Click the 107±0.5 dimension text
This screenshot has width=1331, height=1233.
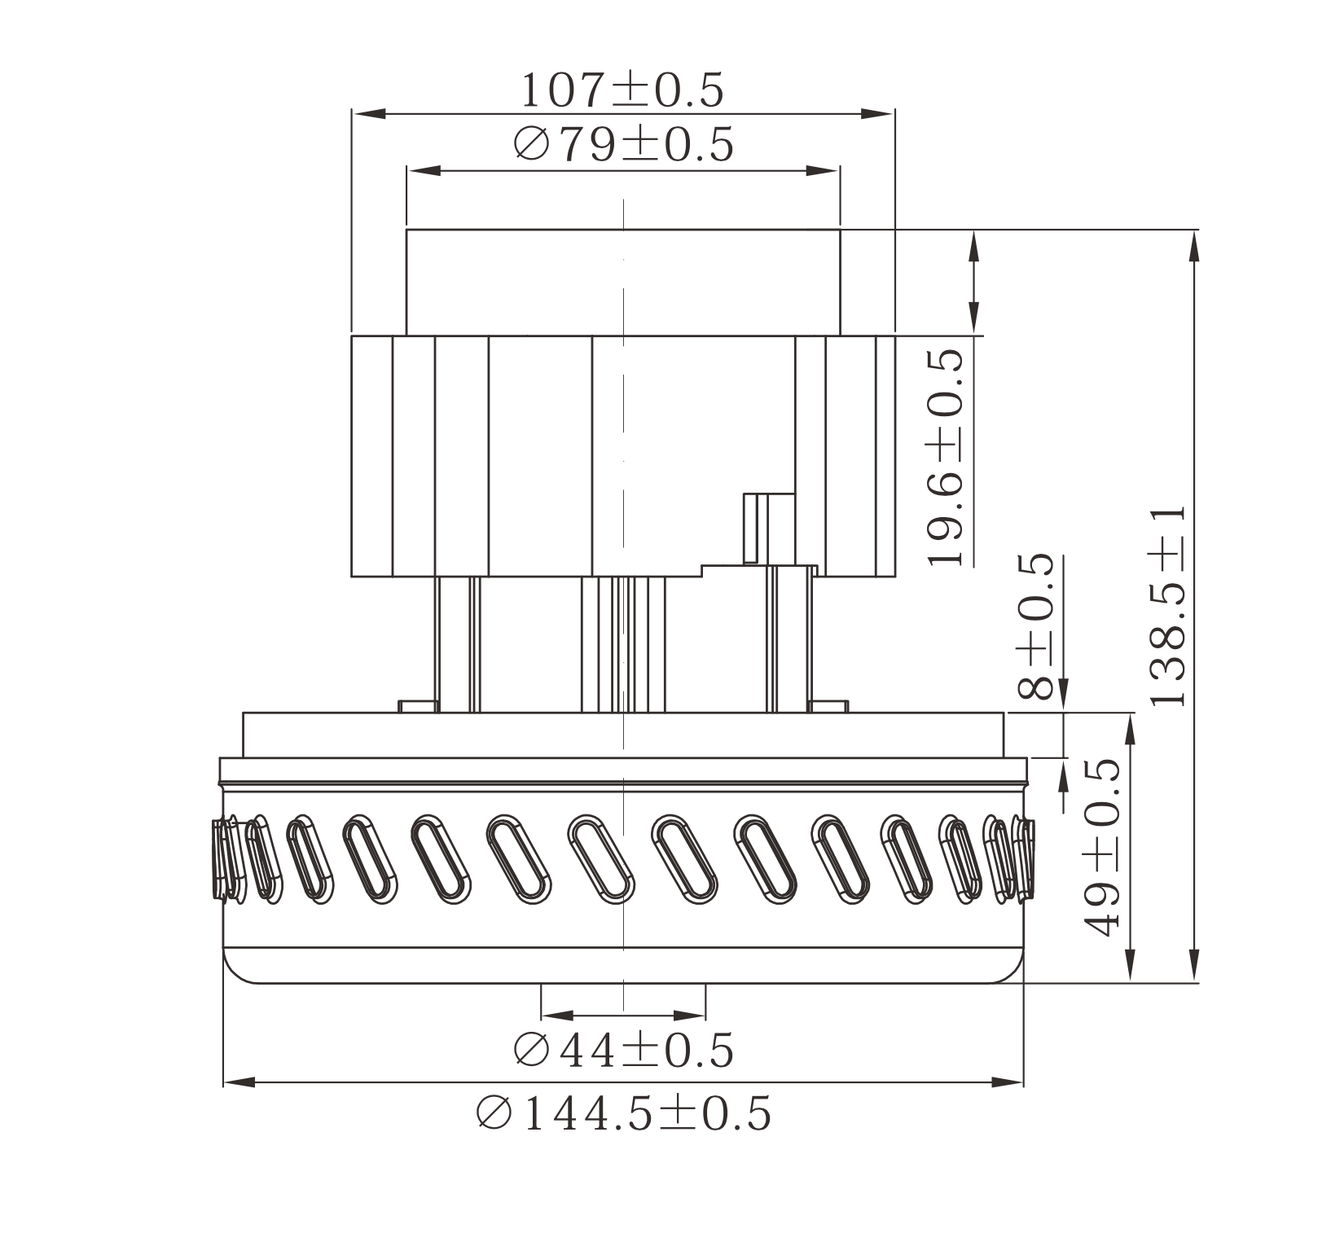point(622,90)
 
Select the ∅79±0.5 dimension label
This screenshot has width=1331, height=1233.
point(624,145)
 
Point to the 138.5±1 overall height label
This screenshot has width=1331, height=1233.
point(1168,606)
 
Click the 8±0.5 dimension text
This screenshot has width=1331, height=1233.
point(1036,627)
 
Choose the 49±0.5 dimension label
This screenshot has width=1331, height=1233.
point(1101,847)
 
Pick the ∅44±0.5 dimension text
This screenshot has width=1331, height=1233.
point(624,1050)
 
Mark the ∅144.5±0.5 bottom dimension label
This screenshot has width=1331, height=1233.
point(624,1113)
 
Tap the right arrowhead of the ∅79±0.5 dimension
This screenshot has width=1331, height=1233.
point(822,171)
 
